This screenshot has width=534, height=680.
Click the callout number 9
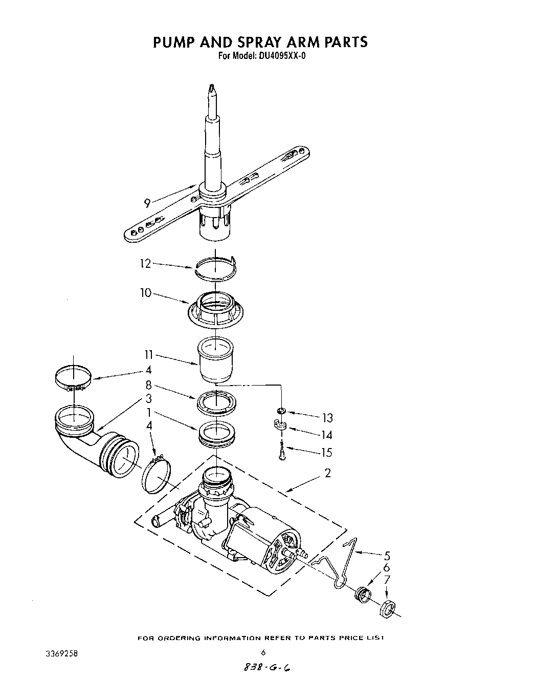click(x=147, y=203)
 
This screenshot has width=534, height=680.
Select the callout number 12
click(x=146, y=264)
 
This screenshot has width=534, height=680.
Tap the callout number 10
click(x=146, y=293)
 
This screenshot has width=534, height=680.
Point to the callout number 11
click(x=148, y=355)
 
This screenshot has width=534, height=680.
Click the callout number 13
click(x=327, y=418)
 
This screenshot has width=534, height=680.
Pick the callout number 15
click(x=326, y=452)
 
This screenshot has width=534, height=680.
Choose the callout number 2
click(x=327, y=473)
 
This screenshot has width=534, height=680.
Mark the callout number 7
click(x=387, y=580)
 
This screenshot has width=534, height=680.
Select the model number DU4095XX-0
click(x=279, y=56)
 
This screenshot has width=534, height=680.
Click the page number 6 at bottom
click(x=263, y=652)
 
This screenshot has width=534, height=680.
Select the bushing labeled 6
click(x=363, y=595)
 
